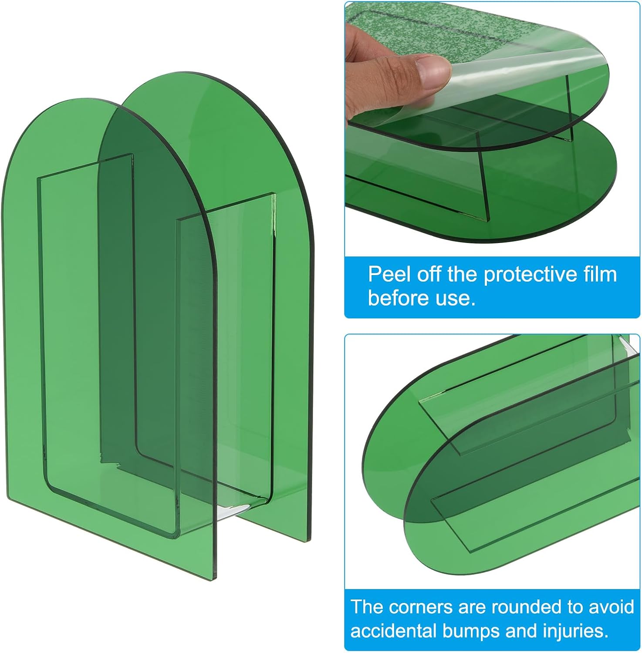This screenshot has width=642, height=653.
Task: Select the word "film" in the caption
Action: pyautogui.click(x=600, y=275)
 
